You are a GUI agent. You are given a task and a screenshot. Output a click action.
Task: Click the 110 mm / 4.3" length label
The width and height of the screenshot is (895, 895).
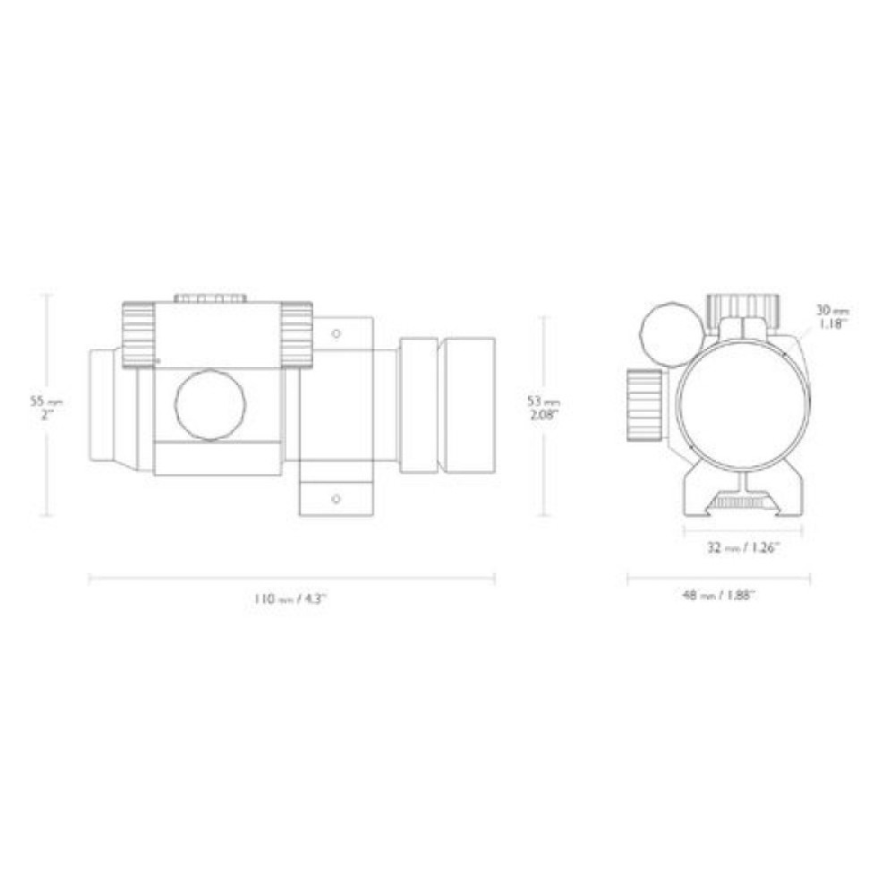[x=291, y=599]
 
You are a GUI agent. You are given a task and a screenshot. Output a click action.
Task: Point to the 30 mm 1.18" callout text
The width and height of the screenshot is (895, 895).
[x=829, y=317]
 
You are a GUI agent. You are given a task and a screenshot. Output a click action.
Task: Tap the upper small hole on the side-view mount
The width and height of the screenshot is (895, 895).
[x=336, y=334]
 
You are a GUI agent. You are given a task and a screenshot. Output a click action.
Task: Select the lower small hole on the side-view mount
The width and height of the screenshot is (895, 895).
[x=336, y=497]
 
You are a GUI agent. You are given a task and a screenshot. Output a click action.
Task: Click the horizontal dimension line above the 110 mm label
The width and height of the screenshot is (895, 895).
[x=291, y=579]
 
